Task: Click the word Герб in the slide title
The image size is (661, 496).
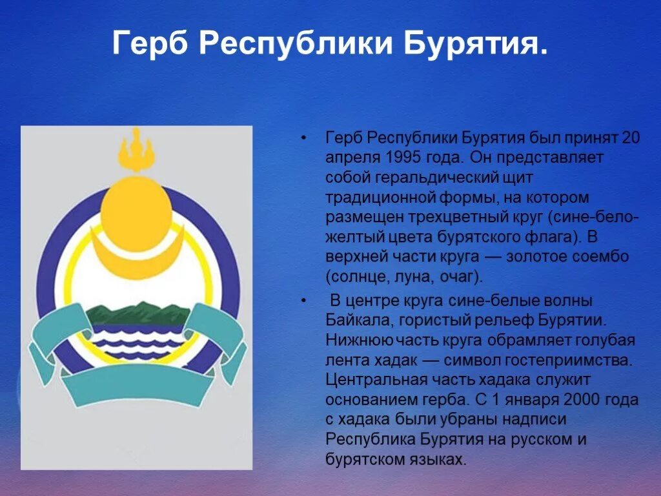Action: pyautogui.click(x=150, y=44)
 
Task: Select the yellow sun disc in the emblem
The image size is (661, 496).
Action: pyautogui.click(x=136, y=207)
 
